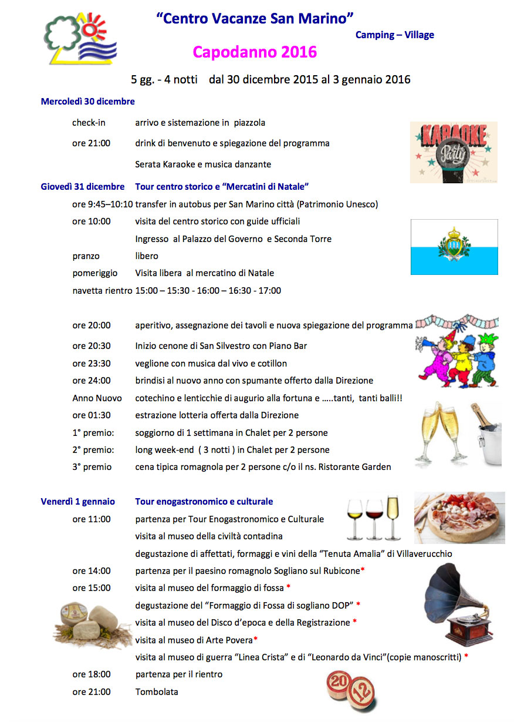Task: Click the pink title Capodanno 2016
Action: coord(255,52)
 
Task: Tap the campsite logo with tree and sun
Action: coord(80,39)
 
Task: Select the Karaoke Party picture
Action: coord(453,152)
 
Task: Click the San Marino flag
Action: coord(454,247)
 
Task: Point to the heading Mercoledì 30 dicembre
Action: coord(88,102)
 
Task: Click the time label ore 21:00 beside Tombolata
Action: coord(92,692)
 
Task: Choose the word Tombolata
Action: coord(157,692)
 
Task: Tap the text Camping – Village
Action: coord(395,35)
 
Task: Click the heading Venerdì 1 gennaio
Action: coord(78,502)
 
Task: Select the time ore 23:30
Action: coord(92,364)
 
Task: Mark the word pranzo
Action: coord(86,256)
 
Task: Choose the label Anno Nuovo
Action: coord(97,398)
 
